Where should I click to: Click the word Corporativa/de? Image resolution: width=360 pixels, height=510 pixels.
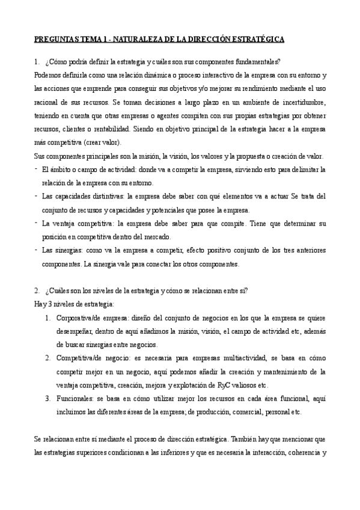click(81, 318)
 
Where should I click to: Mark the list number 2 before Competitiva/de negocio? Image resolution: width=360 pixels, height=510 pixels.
click(48, 357)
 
